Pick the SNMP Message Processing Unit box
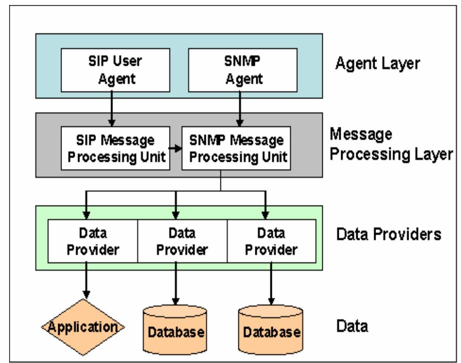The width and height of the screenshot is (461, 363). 239,148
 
